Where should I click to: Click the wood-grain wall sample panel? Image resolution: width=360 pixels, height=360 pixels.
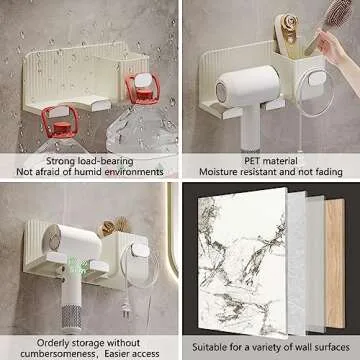(x=335, y=263)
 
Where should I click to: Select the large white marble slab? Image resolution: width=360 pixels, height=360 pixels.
(x=242, y=263)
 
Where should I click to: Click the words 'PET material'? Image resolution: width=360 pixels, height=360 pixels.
(x=271, y=161)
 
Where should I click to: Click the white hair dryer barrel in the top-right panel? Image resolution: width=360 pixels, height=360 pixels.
(x=247, y=86)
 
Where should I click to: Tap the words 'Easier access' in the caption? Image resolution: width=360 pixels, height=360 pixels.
(x=131, y=353)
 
